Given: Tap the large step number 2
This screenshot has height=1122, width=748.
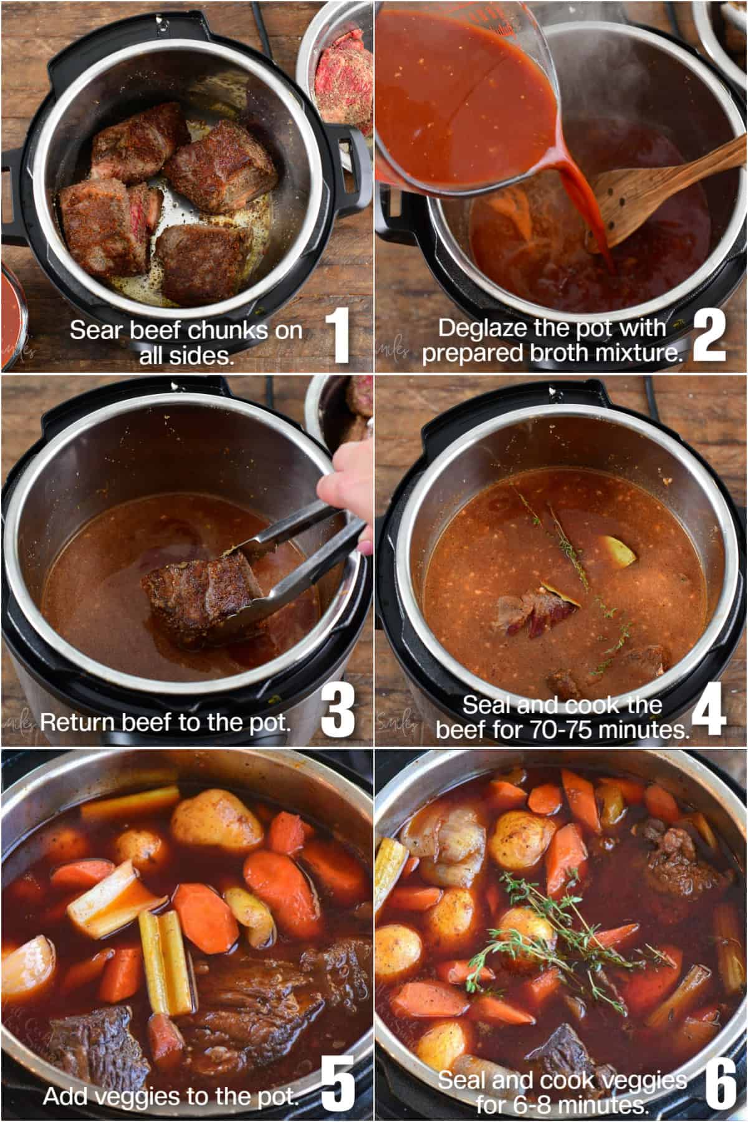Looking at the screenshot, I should pos(709,337).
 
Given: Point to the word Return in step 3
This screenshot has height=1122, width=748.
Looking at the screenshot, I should pos(79,722).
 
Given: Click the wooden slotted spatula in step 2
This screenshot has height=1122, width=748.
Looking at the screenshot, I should pos(636,199).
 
